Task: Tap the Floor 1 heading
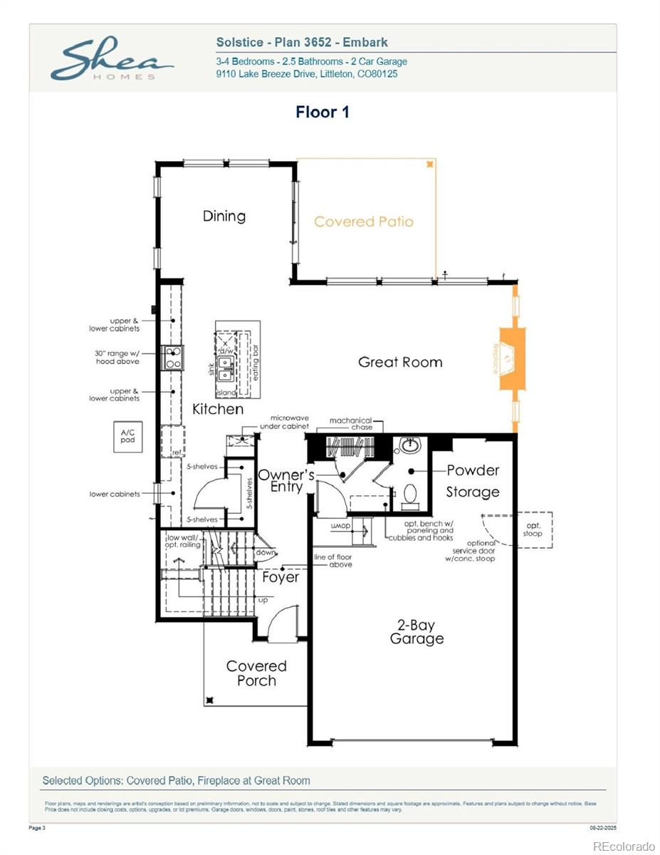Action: pos(323,112)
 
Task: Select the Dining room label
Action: pos(224,216)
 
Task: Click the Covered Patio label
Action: pos(363,222)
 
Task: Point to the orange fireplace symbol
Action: pos(511,358)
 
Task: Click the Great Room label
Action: pos(400,362)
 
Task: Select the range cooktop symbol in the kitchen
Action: pos(173,357)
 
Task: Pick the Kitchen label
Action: pos(218,409)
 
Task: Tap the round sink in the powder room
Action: pos(411,446)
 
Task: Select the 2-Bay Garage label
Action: pos(417,632)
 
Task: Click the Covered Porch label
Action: pos(256,673)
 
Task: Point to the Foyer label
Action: pos(281,577)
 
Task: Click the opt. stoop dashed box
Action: pos(533,529)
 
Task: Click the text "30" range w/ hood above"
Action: pos(117,357)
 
